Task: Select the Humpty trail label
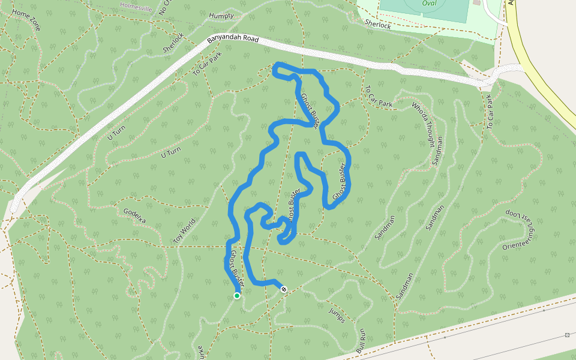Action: (222, 16)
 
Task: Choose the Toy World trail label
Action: (184, 230)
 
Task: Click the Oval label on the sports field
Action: (429, 2)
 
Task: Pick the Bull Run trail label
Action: (361, 340)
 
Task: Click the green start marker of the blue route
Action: (237, 295)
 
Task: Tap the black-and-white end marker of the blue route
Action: (284, 289)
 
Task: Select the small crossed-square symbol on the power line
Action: (567, 335)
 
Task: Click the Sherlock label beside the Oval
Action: (378, 25)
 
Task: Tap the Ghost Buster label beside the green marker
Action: (235, 267)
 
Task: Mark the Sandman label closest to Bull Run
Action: (405, 286)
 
